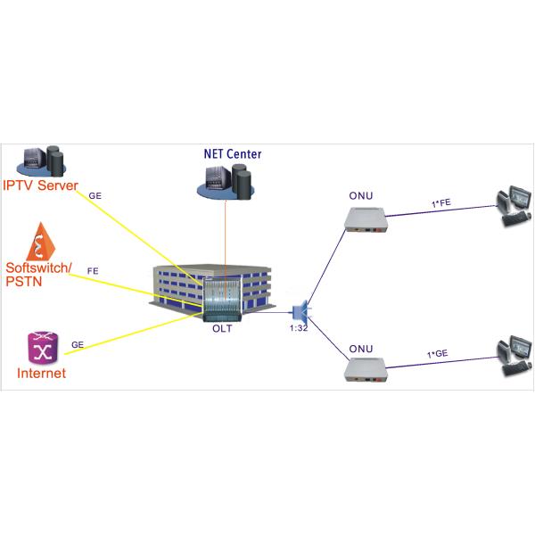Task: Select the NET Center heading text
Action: coord(231,154)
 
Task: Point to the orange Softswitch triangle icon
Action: coord(41,242)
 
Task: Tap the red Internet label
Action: coord(41,373)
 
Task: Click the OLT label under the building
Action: coord(222,329)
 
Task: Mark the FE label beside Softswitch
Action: coord(93,269)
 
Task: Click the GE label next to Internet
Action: coord(77,343)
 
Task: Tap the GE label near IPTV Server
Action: coord(95,193)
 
